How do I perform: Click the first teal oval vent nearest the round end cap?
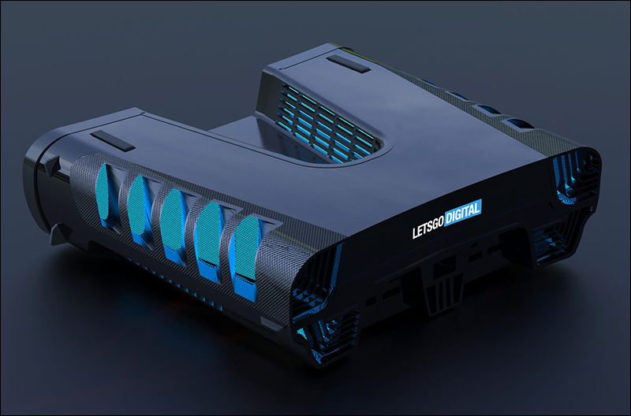[103, 191]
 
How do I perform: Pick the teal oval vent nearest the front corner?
[246, 248]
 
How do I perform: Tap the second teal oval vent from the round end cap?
[136, 205]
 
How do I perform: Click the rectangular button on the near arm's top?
[112, 141]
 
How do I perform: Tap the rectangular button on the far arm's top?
[348, 64]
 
